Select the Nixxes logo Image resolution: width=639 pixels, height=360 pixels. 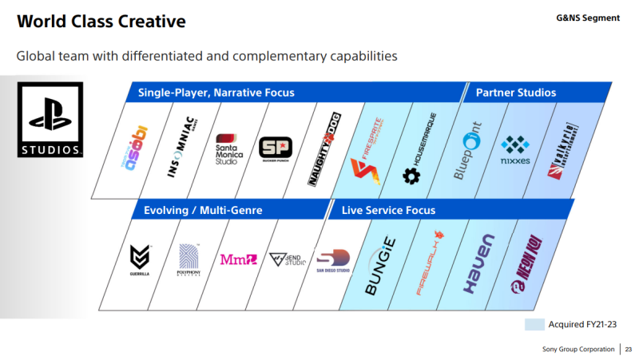(x=515, y=148)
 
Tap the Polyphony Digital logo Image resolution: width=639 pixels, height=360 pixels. (x=189, y=260)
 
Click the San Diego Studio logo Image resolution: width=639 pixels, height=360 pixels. (x=332, y=259)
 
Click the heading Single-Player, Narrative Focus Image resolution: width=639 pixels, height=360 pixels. (x=216, y=93)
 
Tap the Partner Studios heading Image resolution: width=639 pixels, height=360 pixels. (x=515, y=93)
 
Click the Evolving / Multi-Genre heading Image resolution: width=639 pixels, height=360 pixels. (x=203, y=210)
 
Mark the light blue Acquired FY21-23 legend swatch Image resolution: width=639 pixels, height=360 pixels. (x=534, y=325)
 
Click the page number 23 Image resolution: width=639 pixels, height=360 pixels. (x=628, y=350)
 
